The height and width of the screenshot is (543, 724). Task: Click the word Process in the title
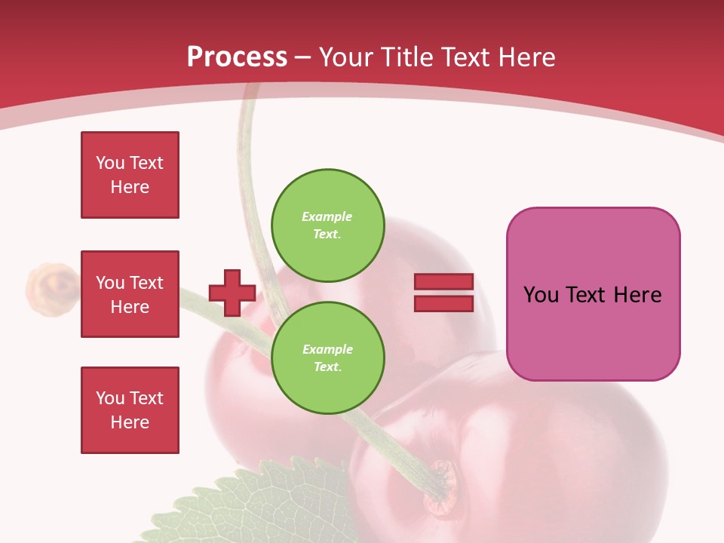(x=237, y=57)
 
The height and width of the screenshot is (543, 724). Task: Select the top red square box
(x=130, y=175)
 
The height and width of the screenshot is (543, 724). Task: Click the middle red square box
(x=130, y=294)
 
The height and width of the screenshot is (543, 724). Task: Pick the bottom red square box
(x=130, y=410)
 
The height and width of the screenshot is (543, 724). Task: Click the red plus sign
(x=232, y=293)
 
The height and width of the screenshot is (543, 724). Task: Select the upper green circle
(x=327, y=225)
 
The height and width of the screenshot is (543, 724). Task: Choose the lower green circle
(x=327, y=357)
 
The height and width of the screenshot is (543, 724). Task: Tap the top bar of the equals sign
(x=443, y=282)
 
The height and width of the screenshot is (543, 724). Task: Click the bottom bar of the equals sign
(x=443, y=303)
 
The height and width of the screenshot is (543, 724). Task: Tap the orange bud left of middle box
(x=51, y=285)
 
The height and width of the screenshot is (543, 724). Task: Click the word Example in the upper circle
(x=327, y=216)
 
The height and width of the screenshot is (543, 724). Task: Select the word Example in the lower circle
(x=327, y=349)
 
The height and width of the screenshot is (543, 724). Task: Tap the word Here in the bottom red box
(x=130, y=422)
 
